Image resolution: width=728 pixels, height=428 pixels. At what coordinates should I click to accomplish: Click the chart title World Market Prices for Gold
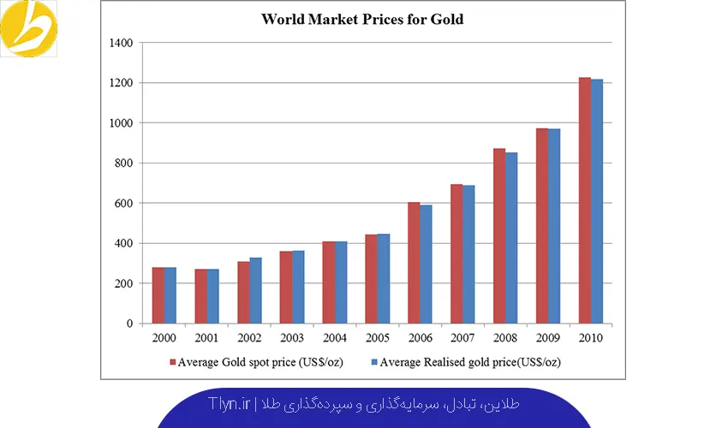coord(362,19)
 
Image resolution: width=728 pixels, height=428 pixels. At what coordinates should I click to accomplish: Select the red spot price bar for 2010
coord(585,200)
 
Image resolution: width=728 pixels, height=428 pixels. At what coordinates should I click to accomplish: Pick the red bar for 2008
coord(499,236)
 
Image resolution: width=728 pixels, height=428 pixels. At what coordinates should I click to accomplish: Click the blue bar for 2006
coord(427,264)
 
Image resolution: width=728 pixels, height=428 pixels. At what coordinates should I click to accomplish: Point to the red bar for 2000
coord(158,295)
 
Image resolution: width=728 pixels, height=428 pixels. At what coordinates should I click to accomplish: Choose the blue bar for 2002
coord(255,290)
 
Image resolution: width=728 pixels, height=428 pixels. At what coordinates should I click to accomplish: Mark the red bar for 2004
coord(329,282)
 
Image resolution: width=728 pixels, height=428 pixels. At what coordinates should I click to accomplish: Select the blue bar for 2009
coord(554,226)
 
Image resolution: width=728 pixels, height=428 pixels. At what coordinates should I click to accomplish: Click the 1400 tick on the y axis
coord(121,43)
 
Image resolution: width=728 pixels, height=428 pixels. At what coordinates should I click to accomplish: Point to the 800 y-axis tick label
coord(123,163)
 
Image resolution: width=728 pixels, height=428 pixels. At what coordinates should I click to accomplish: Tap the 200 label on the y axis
coord(123,283)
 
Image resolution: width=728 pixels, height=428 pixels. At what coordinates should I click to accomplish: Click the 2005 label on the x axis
coord(378,338)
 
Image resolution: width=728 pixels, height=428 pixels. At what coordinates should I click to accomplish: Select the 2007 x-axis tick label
coord(462,338)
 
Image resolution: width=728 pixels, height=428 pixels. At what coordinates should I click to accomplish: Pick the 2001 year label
coord(206,338)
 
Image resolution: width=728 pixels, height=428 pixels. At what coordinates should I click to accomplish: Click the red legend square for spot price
coord(172,362)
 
